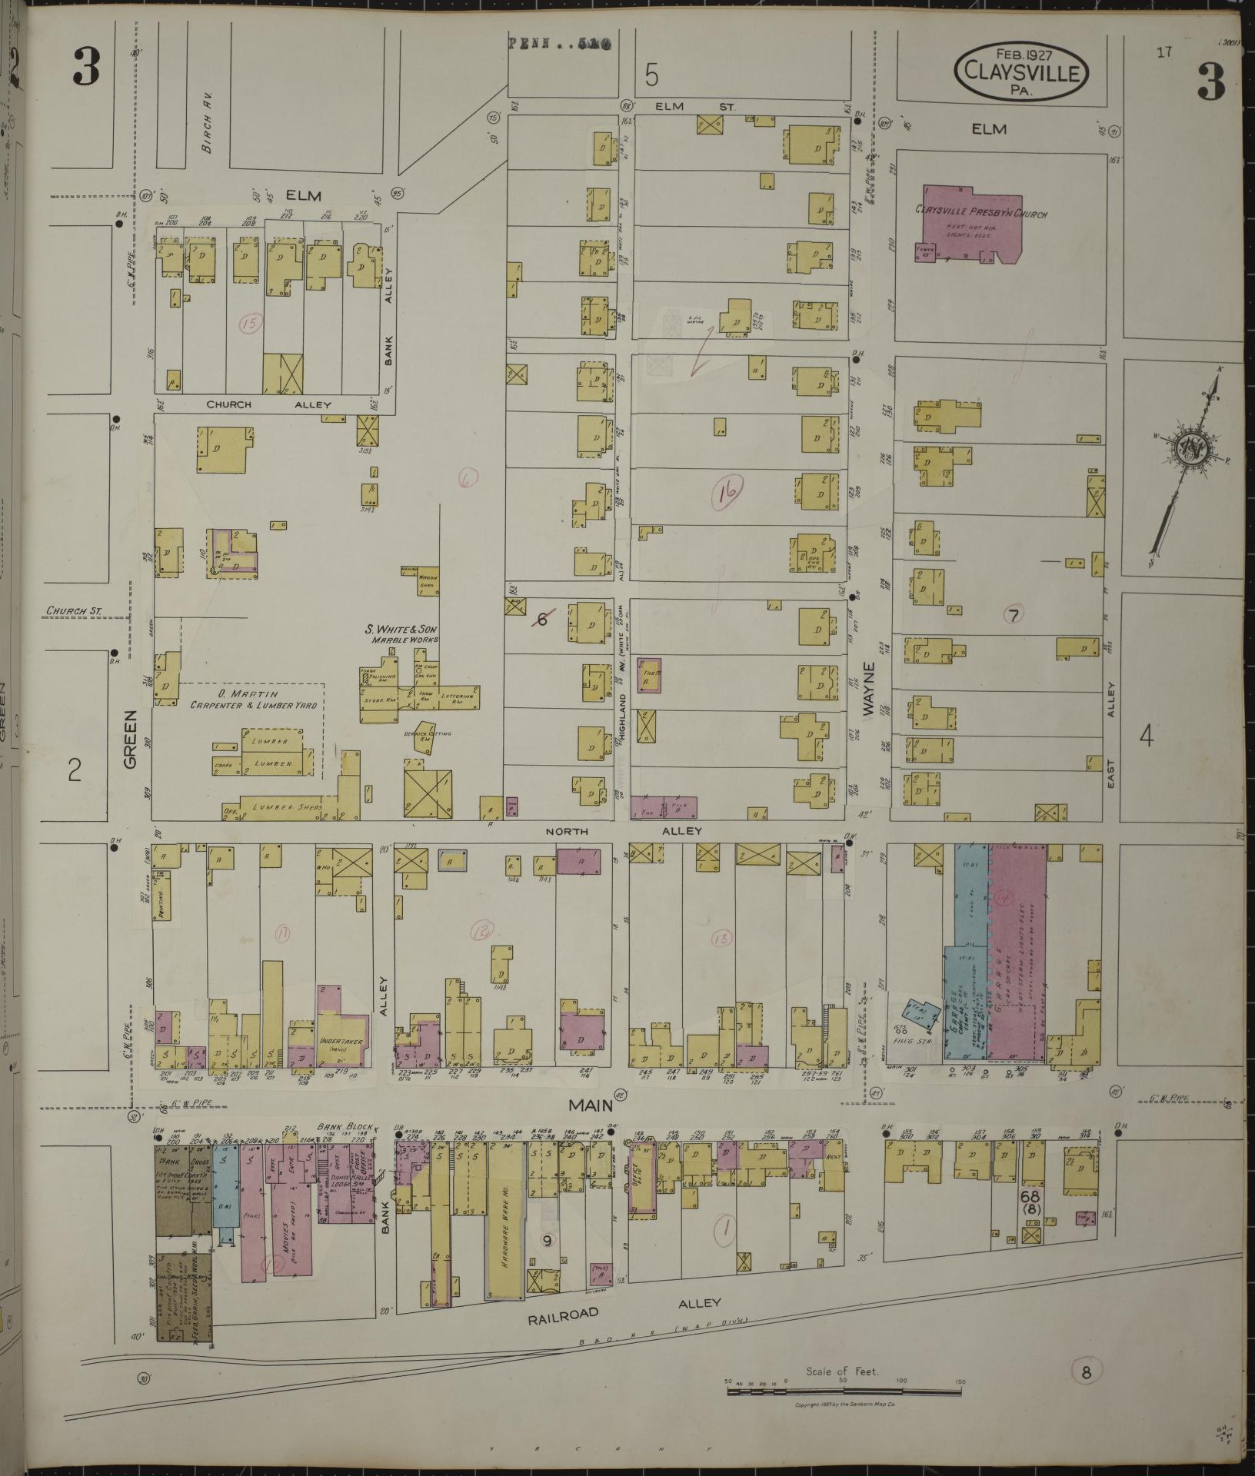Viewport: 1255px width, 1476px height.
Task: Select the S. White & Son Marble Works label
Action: click(401, 633)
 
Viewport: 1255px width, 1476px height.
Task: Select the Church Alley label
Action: click(268, 404)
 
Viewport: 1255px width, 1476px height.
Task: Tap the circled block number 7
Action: click(1014, 614)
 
